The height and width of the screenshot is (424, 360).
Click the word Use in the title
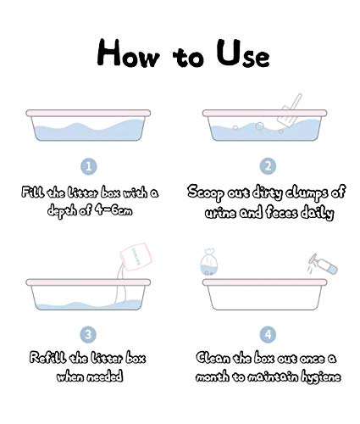click(242, 53)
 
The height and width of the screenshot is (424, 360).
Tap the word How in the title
click(128, 53)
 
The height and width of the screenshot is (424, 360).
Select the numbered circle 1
click(89, 166)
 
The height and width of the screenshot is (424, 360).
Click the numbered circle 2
click(268, 166)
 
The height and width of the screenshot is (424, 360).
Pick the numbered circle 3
click(88, 334)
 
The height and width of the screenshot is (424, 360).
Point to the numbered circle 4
click(268, 334)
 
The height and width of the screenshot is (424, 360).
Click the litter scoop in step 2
click(289, 110)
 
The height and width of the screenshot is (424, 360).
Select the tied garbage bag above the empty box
click(209, 261)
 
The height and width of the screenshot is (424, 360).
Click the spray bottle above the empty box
click(323, 264)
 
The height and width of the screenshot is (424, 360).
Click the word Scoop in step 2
click(206, 193)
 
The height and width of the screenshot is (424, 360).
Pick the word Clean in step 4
click(213, 358)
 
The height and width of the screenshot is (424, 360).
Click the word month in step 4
click(213, 377)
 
